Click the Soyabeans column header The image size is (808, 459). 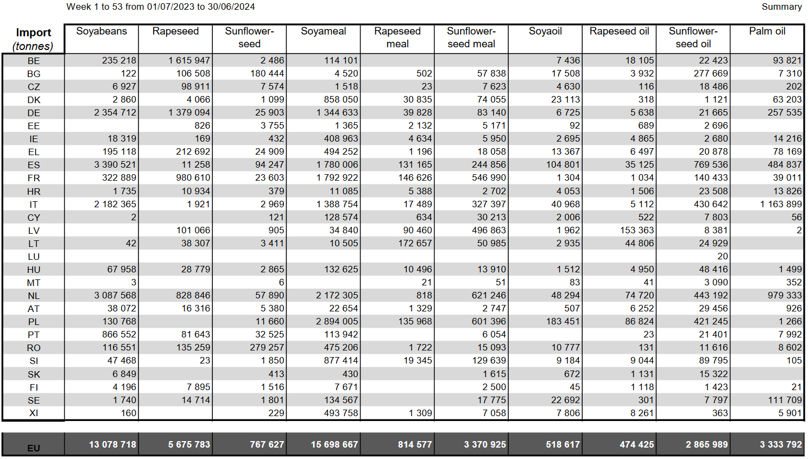pos(102,31)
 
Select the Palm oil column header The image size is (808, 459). pos(767,31)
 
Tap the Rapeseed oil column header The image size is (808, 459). pos(619,31)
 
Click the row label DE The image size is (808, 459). pos(34,113)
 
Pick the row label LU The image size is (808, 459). pos(34,257)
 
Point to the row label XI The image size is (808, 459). pos(34,413)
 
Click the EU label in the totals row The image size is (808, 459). pos(34,448)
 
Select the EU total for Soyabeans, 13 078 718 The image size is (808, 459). pos(112,444)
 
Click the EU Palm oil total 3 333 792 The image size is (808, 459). pos(781,444)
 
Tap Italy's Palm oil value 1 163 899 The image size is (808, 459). pos(781,205)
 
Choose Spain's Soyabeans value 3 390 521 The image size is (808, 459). pos(115,165)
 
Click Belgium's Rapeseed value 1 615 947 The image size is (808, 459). pos(190,61)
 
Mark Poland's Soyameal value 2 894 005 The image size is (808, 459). pos(337,321)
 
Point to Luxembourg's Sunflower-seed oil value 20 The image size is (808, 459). pos(723,256)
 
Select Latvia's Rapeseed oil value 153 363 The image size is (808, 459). pos(636,230)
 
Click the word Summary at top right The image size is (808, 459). pos(782,7)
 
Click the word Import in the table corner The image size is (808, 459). pos(34,33)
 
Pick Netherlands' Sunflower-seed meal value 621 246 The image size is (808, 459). pos(489,296)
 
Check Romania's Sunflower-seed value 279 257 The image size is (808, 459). pos(267,348)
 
